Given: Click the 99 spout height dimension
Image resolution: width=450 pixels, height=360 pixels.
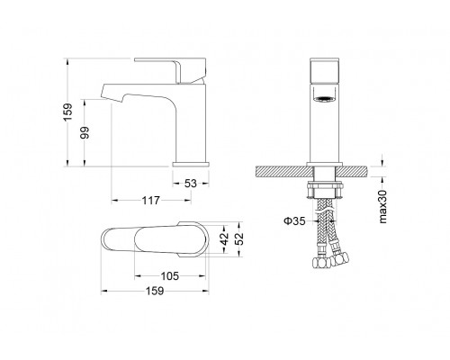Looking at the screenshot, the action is coord(85,132).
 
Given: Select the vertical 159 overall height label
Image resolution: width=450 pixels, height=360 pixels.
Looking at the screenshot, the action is coord(68,112).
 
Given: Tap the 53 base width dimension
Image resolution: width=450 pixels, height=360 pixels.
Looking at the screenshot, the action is coord(191,184).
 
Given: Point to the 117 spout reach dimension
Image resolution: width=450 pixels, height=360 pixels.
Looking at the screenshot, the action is coord(150,200).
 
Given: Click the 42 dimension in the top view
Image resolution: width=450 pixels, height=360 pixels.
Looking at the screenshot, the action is coord(224,239).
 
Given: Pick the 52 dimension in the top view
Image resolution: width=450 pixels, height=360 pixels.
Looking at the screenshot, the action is coord(239,239).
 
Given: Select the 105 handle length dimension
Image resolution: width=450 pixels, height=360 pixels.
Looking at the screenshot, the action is coord(170,276).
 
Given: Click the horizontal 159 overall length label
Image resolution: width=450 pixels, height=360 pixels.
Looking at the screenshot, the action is coord(155,291).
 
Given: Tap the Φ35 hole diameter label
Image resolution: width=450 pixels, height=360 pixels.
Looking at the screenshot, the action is coord(294,221).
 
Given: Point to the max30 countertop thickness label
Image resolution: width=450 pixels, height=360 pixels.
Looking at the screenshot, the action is coord(382,206).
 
